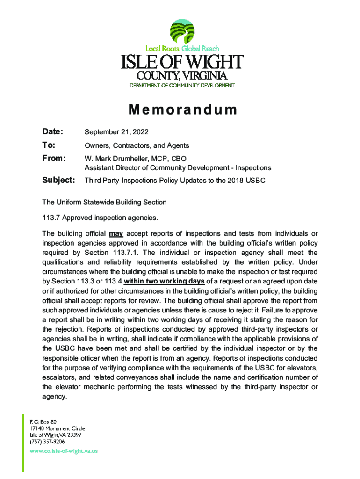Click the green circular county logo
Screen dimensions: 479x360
(182, 31)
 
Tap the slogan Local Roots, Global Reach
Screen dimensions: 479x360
(182, 49)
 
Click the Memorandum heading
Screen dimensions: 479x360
(183, 110)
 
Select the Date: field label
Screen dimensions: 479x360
(53, 132)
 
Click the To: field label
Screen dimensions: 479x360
(49, 145)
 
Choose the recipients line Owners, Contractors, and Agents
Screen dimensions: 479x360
(137, 146)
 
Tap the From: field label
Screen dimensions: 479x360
(54, 158)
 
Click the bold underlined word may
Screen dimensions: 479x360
(116, 233)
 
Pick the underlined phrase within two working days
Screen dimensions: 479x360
(164, 281)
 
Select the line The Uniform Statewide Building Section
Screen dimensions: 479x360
(104, 202)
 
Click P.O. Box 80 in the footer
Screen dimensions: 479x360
(43, 421)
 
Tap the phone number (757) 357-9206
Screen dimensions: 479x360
(47, 441)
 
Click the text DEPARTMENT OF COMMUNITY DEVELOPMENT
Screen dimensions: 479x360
(182, 85)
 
